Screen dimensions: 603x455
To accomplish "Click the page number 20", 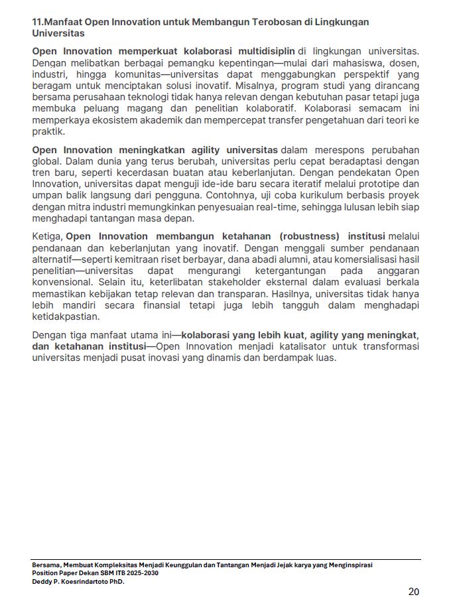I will pos(413,592).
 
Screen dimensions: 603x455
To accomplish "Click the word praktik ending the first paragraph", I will pos(47,131).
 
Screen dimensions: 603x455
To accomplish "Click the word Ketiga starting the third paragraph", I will pos(47,236).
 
